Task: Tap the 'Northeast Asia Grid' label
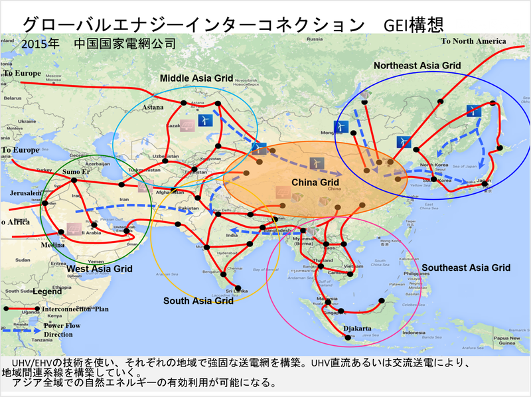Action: coord(417,66)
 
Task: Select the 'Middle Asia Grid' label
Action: coord(196,78)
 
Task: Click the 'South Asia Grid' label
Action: coord(198,301)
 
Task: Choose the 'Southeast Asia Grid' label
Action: coord(466,268)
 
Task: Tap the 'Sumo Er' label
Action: coord(75,172)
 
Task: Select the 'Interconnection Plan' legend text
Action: coord(75,309)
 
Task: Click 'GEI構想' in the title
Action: coord(409,25)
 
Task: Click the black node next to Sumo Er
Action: coord(74,181)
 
